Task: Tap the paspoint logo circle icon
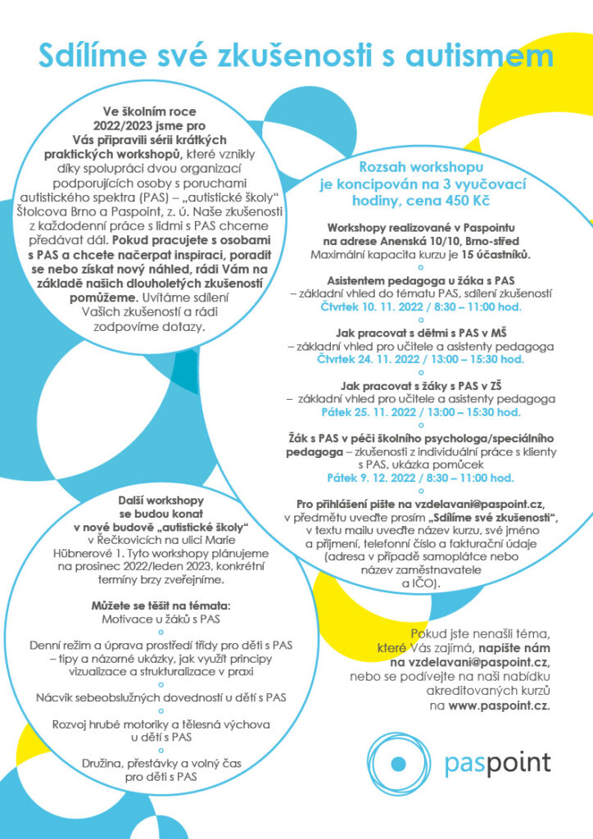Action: [398, 764]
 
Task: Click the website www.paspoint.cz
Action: [499, 705]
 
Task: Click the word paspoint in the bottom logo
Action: [498, 763]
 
